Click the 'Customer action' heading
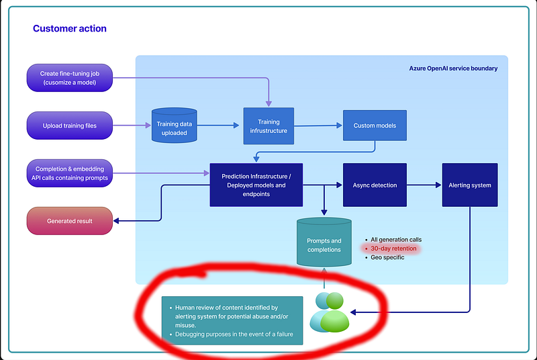click(69, 29)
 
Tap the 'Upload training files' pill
click(70, 126)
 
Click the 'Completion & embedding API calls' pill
click(70, 173)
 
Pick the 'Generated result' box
click(70, 221)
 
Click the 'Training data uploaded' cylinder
click(174, 125)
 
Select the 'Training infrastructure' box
click(268, 126)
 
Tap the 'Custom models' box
click(375, 125)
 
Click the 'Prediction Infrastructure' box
click(256, 185)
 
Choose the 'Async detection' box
click(375, 185)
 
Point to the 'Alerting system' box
click(470, 185)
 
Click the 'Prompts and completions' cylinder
click(324, 243)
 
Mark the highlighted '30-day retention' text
click(393, 249)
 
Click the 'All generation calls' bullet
click(396, 240)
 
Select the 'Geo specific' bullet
click(387, 257)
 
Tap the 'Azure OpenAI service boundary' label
click(453, 69)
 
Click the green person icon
click(335, 316)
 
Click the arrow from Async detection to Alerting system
click(424, 185)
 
